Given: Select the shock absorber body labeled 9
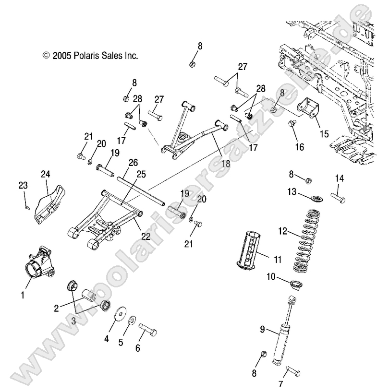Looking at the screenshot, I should point(281,342).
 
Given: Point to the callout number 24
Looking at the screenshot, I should point(45,174).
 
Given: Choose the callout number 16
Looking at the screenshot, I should point(299,147).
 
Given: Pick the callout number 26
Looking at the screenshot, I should point(133,162).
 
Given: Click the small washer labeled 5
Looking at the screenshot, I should point(132,320).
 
